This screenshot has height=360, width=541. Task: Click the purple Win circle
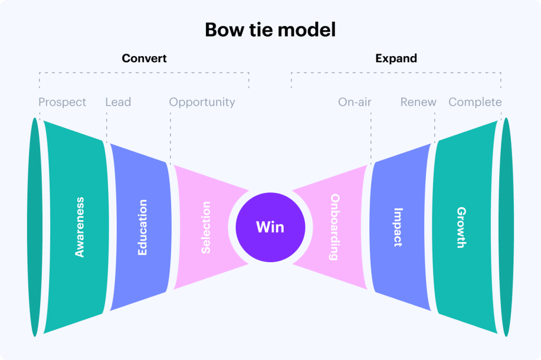[x=270, y=227]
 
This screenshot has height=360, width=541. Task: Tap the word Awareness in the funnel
[x=80, y=227]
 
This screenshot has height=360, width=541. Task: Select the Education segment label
[x=142, y=227]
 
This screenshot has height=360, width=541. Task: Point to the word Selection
[x=206, y=227]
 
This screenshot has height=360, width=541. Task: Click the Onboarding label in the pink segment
[x=335, y=227]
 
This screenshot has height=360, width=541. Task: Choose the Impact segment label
[x=398, y=227]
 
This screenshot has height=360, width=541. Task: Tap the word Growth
[x=461, y=227]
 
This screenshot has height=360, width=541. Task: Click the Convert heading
[x=144, y=58]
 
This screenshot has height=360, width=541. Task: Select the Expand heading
[x=396, y=58]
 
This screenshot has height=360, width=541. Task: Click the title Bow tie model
[x=270, y=29]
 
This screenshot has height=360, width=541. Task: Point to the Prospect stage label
[x=62, y=102]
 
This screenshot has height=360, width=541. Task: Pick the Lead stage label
[x=118, y=102]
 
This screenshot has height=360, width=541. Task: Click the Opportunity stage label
[x=202, y=102]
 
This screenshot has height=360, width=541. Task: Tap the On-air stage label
[x=355, y=102]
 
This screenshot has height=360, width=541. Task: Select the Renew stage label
[x=418, y=102]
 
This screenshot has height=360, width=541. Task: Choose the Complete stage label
[x=475, y=102]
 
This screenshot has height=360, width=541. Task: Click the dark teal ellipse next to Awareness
[x=35, y=227]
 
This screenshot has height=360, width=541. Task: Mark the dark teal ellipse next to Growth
[x=506, y=227]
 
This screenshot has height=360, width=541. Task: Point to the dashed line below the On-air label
[x=371, y=137]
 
